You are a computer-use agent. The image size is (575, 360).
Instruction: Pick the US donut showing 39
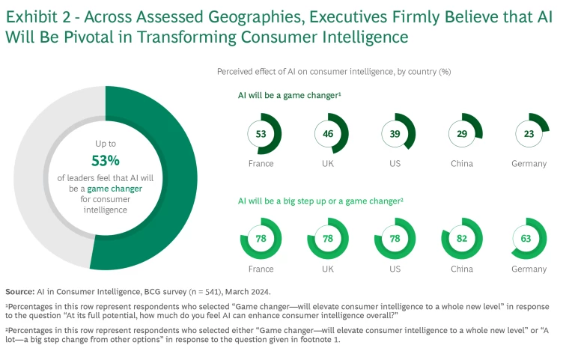[x=395, y=134]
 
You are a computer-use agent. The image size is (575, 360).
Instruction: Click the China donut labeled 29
[x=462, y=134]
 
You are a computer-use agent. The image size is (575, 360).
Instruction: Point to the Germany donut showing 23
[x=529, y=134]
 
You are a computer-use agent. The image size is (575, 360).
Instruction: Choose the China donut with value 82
[x=462, y=239]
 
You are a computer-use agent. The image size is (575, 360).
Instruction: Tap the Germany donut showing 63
[x=529, y=239]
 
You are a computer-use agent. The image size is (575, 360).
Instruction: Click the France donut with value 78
[x=261, y=239]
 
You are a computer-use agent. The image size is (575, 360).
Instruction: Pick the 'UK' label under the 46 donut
[x=327, y=164]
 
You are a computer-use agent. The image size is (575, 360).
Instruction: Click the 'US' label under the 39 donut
[x=395, y=164]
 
